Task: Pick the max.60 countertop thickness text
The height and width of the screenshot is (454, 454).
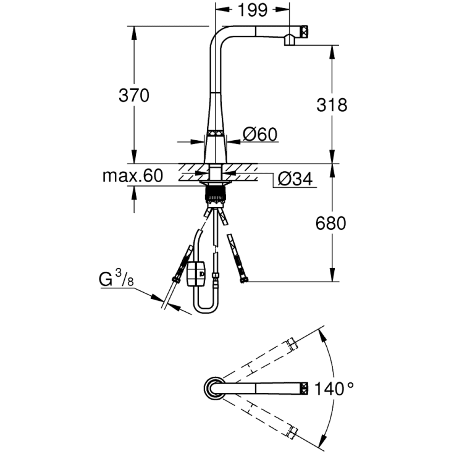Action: point(132,176)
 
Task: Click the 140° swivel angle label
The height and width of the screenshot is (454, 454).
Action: point(334,389)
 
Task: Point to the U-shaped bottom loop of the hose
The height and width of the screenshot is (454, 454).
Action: point(205,309)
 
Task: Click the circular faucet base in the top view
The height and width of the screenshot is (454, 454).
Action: point(214,389)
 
